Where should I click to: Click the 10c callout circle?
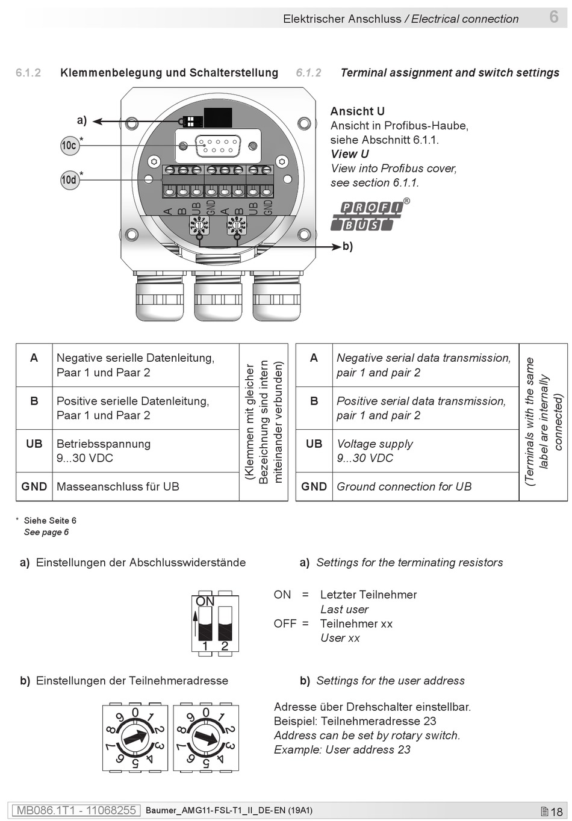(x=70, y=146)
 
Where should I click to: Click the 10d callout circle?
(x=70, y=180)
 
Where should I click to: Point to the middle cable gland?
(x=218, y=296)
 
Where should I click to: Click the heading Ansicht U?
(x=358, y=111)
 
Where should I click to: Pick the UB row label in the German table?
(x=34, y=444)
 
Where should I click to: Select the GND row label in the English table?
(x=314, y=487)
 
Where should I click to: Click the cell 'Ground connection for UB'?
(x=404, y=487)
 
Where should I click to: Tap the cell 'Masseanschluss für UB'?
(x=117, y=487)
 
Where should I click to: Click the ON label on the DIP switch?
(x=205, y=601)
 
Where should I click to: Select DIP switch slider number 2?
(x=225, y=624)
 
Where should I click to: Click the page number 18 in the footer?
(x=556, y=811)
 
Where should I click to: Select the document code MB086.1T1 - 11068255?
(x=76, y=810)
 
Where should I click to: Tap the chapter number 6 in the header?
(x=554, y=17)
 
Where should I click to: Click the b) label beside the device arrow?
(x=347, y=246)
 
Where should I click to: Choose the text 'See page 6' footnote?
(x=46, y=532)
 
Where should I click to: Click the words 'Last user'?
(x=344, y=609)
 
